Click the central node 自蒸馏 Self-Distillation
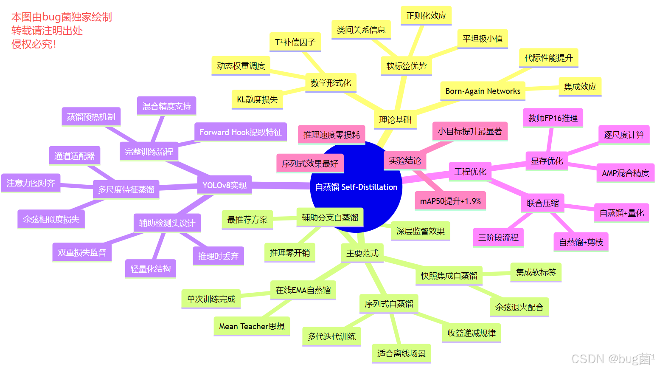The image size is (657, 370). (356, 187)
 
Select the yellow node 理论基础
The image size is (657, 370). (395, 120)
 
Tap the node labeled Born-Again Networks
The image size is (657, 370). (483, 91)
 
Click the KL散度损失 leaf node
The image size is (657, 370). (257, 99)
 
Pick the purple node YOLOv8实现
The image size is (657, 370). (225, 185)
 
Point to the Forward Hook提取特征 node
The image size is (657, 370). (241, 132)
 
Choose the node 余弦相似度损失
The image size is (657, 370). (51, 219)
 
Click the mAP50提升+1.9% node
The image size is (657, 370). (450, 201)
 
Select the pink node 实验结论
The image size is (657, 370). (405, 161)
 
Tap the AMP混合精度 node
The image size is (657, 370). (625, 173)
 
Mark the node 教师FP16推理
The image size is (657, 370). (553, 118)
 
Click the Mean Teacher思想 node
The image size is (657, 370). (252, 326)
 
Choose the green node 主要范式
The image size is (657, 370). (362, 253)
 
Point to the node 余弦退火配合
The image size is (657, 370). (519, 307)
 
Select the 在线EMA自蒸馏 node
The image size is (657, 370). (303, 290)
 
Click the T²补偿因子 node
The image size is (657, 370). (295, 42)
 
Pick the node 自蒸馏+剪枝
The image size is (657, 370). (581, 242)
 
